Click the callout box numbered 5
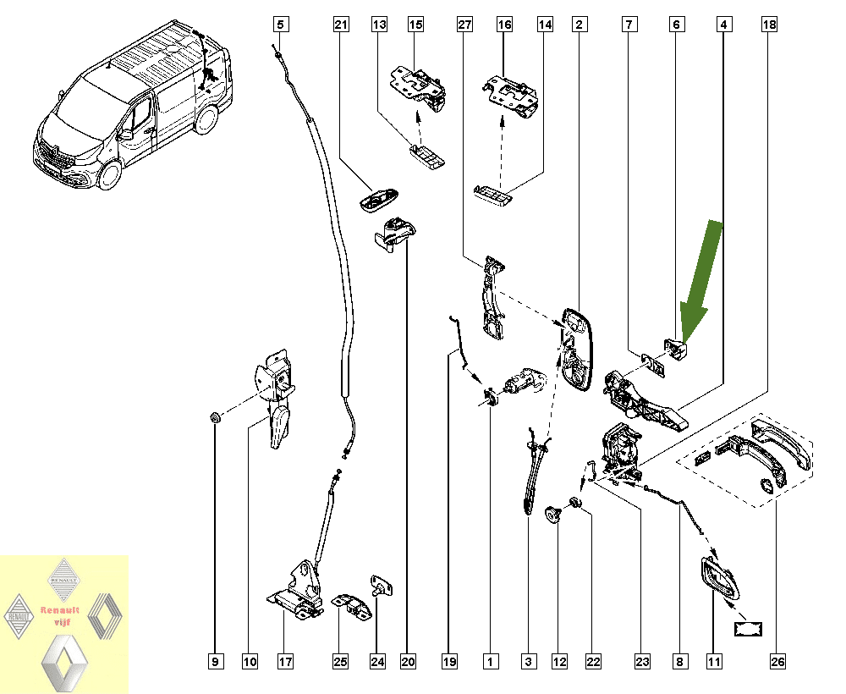pyautogui.click(x=281, y=25)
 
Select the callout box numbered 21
pyautogui.click(x=341, y=25)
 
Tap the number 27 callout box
pyautogui.click(x=464, y=25)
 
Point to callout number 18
pyautogui.click(x=768, y=25)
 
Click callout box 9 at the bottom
pyautogui.click(x=215, y=660)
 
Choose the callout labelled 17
pyautogui.click(x=286, y=660)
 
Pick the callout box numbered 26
pyautogui.click(x=777, y=660)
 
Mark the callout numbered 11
pyautogui.click(x=715, y=660)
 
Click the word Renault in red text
pyautogui.click(x=59, y=609)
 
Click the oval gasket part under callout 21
pyautogui.click(x=378, y=200)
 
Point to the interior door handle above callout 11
pyautogui.click(x=717, y=582)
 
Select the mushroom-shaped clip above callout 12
pyautogui.click(x=553, y=513)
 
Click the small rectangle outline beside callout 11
pyautogui.click(x=748, y=627)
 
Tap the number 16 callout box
pyautogui.click(x=505, y=25)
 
